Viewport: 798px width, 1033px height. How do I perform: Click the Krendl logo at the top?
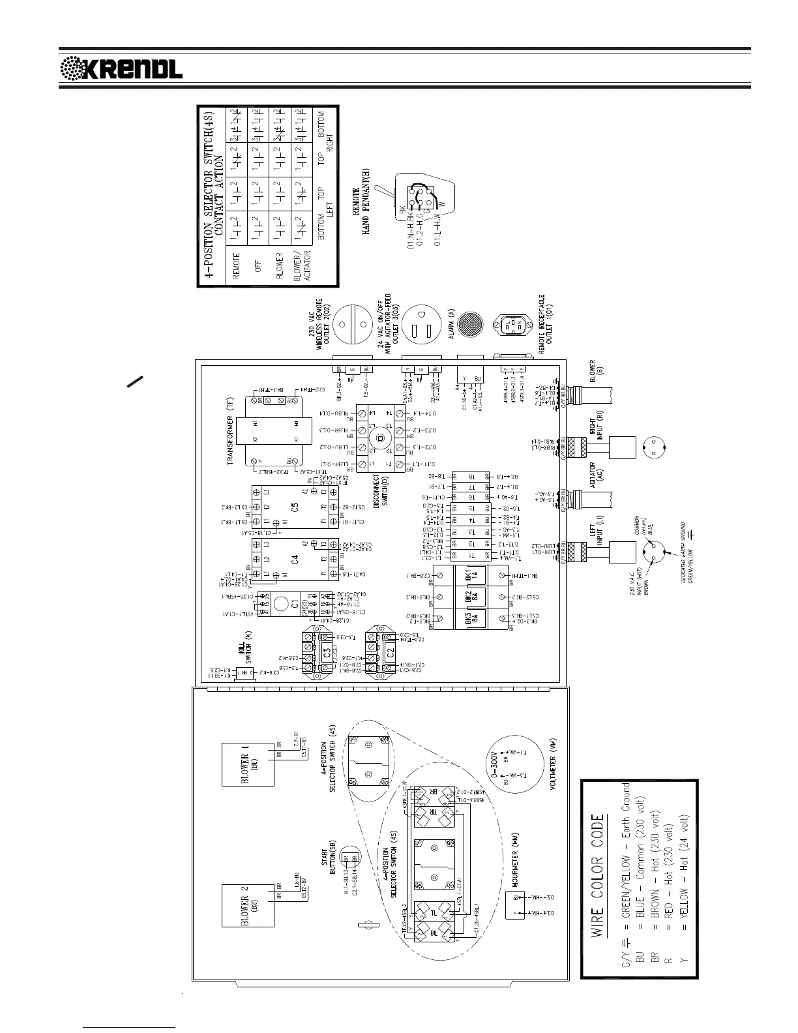(121, 68)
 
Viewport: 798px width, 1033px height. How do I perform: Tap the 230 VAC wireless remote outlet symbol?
(351, 324)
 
